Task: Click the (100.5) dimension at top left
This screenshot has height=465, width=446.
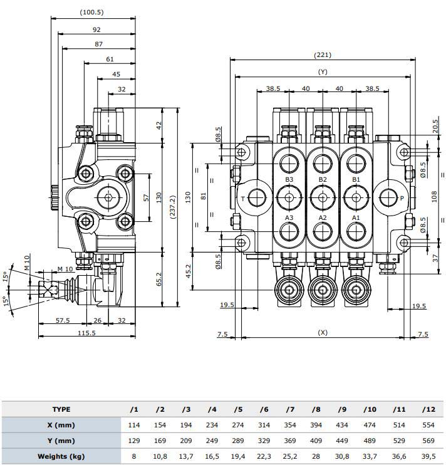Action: coord(91,13)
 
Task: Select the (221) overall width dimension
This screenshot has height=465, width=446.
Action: coord(322,55)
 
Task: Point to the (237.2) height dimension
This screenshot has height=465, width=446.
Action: coord(173,197)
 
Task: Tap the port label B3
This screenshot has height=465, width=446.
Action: coord(289,179)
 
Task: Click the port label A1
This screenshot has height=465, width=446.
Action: coord(356,217)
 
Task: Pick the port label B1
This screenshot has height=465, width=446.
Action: coord(356,179)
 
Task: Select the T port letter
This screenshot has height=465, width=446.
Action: coord(243,199)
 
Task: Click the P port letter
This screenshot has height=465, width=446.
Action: coord(402,199)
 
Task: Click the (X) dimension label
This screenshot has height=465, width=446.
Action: coord(323,332)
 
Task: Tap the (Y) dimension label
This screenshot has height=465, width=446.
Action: coord(323,72)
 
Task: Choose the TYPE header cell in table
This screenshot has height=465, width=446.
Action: coord(61,409)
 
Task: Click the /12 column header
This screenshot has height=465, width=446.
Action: coord(428,409)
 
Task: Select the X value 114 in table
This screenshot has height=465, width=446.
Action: coord(133,425)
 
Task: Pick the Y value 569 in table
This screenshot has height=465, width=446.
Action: coord(428,441)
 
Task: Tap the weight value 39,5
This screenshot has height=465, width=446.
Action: coord(428,456)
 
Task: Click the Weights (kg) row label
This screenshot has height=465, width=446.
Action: coord(61,456)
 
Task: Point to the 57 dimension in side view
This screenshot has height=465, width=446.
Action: coord(145,197)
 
